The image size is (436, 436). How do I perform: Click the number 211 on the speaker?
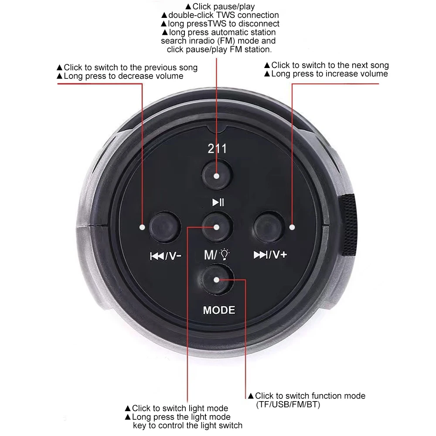217,149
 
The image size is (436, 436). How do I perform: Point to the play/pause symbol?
218,202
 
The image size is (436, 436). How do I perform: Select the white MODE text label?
219,310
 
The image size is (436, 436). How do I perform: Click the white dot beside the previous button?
142,227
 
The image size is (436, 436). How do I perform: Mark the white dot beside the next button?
292,227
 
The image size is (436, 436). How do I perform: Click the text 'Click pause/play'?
220,7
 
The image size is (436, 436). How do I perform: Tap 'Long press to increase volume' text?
329,74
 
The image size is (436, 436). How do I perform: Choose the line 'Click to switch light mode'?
180,409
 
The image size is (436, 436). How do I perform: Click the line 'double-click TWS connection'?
220,15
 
